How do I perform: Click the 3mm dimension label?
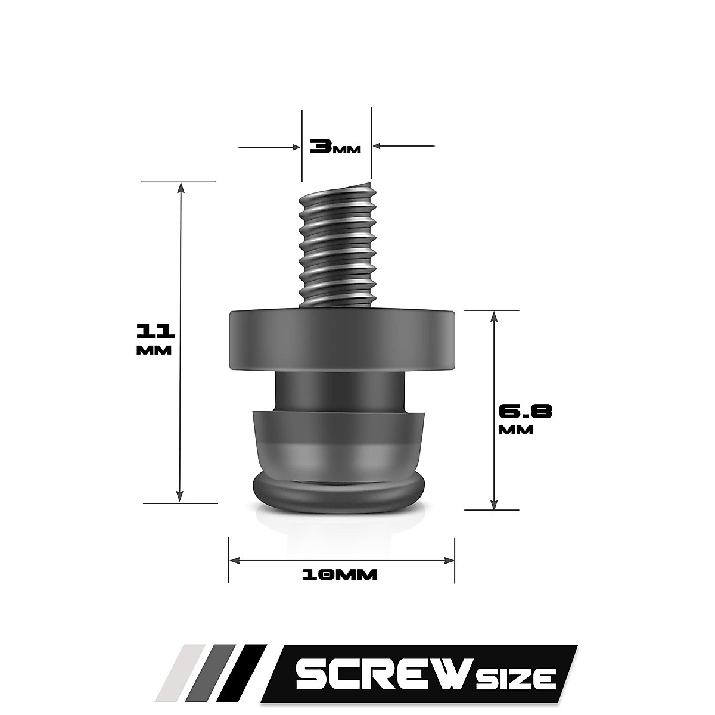pyautogui.click(x=335, y=146)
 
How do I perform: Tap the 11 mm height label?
pyautogui.click(x=154, y=338)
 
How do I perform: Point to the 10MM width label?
pyautogui.click(x=340, y=575)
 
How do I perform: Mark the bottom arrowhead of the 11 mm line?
pyautogui.click(x=179, y=496)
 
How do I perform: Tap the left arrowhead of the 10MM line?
pyautogui.click(x=235, y=559)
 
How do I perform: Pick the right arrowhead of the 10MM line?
pyautogui.click(x=449, y=559)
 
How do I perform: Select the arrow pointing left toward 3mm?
pyautogui.click(x=379, y=145)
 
